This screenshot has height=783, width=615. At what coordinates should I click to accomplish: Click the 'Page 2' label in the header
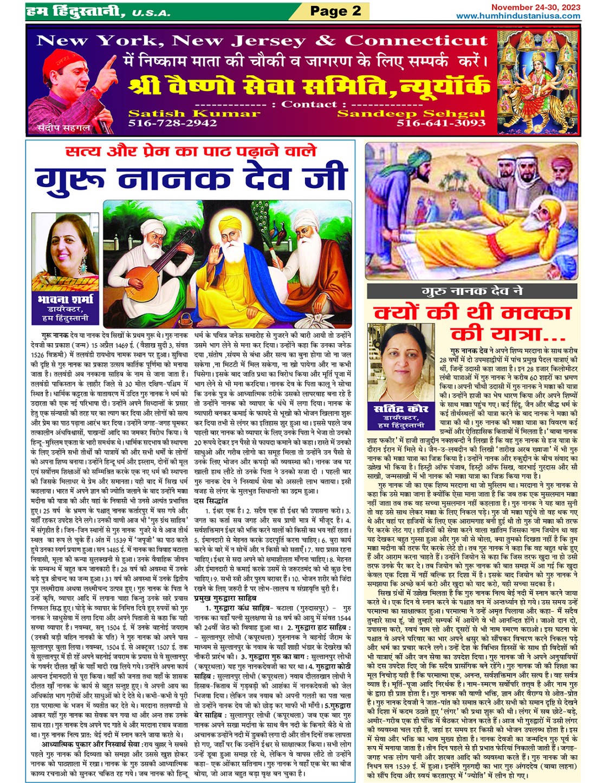[335, 10]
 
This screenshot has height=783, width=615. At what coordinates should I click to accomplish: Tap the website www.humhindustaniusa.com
[517, 16]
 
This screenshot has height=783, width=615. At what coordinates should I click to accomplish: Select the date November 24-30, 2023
[535, 7]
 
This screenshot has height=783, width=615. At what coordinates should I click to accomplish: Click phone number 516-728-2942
[172, 123]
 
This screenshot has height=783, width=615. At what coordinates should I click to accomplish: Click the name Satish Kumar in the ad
[194, 113]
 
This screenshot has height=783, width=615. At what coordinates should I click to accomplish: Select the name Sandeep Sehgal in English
[411, 113]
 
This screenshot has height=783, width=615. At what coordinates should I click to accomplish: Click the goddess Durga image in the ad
[536, 81]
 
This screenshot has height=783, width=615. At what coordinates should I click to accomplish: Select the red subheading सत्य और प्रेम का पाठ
[191, 151]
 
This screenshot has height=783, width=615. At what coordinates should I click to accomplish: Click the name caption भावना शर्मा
[66, 299]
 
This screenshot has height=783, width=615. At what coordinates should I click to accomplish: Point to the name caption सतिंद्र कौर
[401, 409]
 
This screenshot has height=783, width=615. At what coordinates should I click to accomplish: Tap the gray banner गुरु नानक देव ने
[472, 291]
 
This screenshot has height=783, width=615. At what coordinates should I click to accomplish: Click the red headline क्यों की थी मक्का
[472, 313]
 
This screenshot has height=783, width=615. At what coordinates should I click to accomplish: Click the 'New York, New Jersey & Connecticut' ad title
[262, 41]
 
